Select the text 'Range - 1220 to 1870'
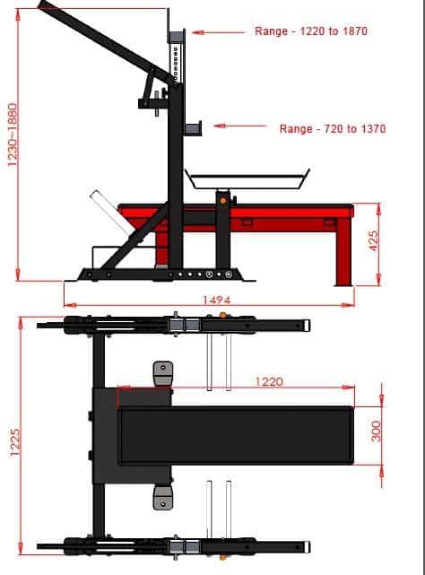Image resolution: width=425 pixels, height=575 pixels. (x=310, y=31)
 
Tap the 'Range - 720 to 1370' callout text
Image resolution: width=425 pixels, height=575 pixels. (x=332, y=129)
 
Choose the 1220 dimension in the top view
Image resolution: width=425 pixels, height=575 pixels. (x=268, y=381)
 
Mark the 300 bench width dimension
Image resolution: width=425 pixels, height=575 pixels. (x=377, y=431)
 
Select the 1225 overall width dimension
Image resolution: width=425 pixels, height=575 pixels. (x=13, y=441)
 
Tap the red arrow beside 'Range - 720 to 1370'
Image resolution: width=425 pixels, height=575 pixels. (x=235, y=126)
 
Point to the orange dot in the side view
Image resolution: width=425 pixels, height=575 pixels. (x=222, y=200)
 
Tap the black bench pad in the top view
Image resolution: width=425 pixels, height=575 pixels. (x=235, y=434)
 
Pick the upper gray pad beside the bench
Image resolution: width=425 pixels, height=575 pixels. (x=162, y=372)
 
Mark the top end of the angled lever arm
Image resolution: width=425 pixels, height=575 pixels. (x=43, y=4)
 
